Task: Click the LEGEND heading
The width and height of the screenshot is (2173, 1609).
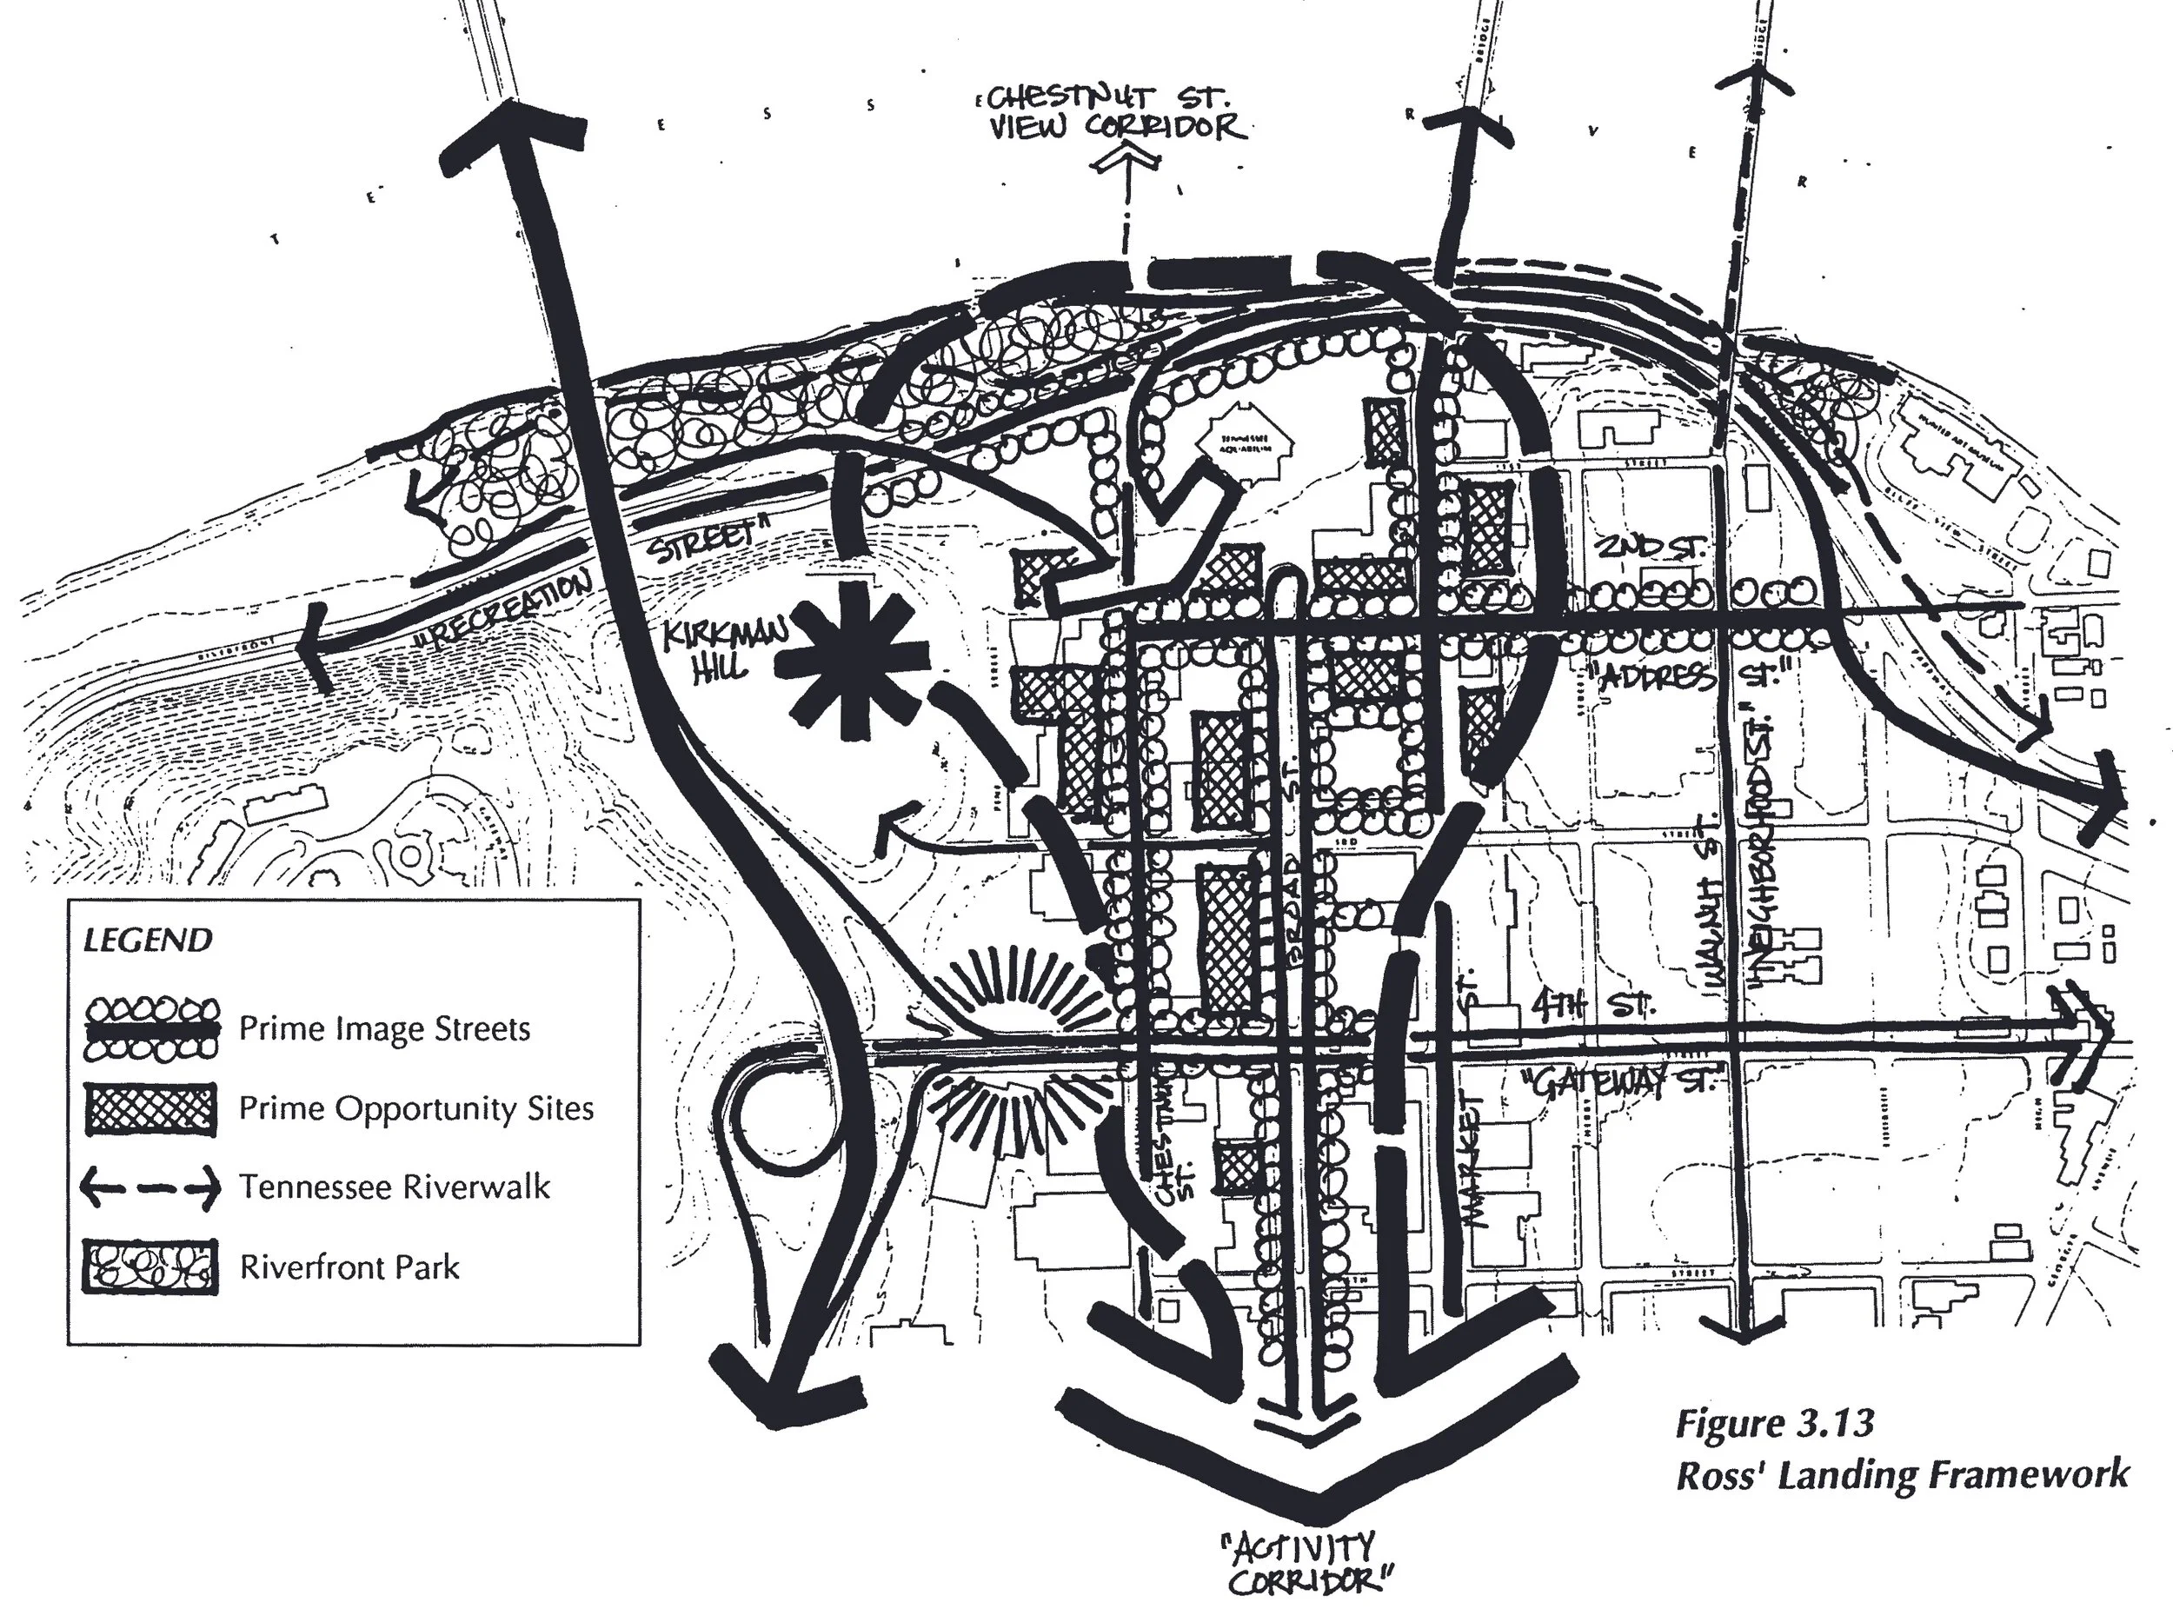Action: (x=147, y=940)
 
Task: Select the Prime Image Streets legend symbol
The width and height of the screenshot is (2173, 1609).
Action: (x=151, y=1027)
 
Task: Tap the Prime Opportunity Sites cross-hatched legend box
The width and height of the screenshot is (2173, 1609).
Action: (x=151, y=1108)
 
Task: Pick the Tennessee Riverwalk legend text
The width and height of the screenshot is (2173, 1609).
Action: (x=395, y=1187)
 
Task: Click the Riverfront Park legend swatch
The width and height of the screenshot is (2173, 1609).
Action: (x=151, y=1267)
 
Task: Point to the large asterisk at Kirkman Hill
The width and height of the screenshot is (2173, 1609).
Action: (x=854, y=662)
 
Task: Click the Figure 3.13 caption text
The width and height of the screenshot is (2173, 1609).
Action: (x=1774, y=1424)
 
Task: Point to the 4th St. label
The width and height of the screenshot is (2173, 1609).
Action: (x=1592, y=1005)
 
